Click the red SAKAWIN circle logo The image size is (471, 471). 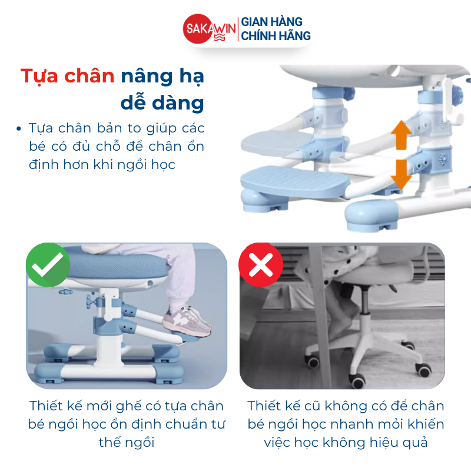point(198,29)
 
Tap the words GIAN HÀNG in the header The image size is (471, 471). point(271,21)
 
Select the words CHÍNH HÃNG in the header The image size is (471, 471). point(276,36)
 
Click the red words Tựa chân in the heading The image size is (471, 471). point(67,77)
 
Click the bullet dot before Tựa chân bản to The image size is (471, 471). point(19,128)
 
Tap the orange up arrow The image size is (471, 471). point(401,135)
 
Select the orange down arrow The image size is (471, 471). point(401,174)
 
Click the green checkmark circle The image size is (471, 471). point(48,264)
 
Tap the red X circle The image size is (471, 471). point(261,264)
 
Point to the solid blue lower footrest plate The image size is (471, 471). point(296,182)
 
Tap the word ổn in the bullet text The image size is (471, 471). point(196,146)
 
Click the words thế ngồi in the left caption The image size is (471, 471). point(127,443)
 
